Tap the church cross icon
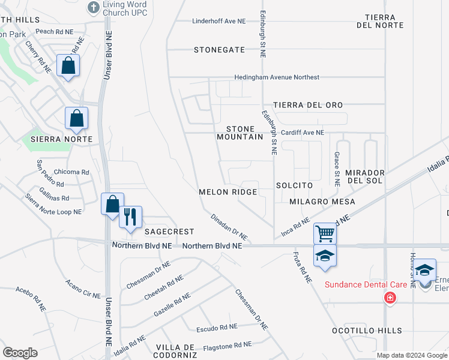[x=93, y=7]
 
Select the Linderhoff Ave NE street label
[x=219, y=21]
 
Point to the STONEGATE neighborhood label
[x=219, y=50]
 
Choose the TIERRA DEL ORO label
[x=308, y=105]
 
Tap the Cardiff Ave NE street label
[x=302, y=133]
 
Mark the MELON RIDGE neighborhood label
[x=228, y=192]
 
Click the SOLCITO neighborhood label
[x=294, y=186]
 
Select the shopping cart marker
[x=325, y=233]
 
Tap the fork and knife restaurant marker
[x=131, y=216]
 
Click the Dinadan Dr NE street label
[x=229, y=227]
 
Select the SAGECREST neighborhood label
[x=169, y=232]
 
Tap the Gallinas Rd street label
[x=53, y=198]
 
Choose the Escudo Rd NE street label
[x=217, y=328]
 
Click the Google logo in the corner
[x=20, y=353]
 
